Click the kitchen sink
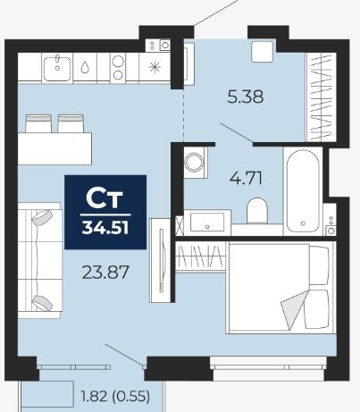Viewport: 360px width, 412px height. [57, 69]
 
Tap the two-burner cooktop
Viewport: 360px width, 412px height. [118, 68]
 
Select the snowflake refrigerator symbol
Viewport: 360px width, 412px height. [155, 67]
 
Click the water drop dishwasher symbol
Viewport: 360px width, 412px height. [85, 67]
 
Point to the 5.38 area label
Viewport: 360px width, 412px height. [246, 97]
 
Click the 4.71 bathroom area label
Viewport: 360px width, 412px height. [246, 179]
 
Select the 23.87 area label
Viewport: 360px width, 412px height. [105, 273]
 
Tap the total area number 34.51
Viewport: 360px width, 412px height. [105, 228]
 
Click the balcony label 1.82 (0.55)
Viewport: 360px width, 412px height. [115, 397]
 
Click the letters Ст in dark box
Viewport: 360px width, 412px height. [105, 198]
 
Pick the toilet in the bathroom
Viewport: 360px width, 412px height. [257, 210]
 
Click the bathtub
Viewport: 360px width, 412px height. [303, 190]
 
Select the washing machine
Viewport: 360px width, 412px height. [195, 163]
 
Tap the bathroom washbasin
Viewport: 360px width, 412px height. [207, 223]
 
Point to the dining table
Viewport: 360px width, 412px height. [54, 148]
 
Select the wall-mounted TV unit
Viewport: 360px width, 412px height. [161, 260]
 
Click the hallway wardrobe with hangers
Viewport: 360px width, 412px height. [322, 97]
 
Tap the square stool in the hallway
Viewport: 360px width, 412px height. [262, 52]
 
